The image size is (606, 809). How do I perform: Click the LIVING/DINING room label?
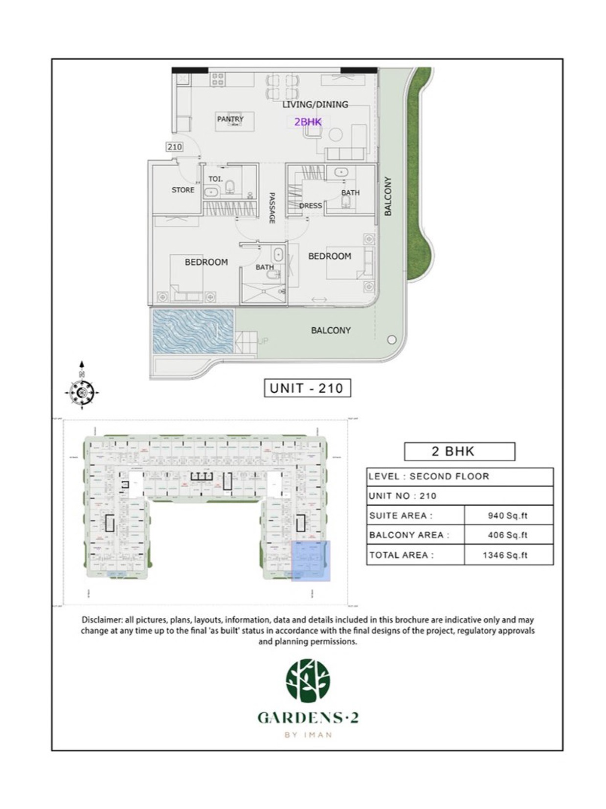[x=315, y=104]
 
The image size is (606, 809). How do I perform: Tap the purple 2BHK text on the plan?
[x=308, y=122]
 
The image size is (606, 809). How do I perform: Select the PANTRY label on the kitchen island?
[x=230, y=119]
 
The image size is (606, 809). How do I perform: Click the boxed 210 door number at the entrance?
[x=175, y=147]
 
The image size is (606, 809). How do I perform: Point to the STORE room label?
[x=182, y=190]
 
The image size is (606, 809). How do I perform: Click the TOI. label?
[x=215, y=179]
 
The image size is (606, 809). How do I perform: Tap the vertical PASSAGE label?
[x=272, y=208]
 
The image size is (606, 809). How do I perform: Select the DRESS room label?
[x=310, y=205]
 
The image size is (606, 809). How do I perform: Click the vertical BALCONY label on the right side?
[x=388, y=196]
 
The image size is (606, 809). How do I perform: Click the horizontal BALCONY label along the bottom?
[x=331, y=331]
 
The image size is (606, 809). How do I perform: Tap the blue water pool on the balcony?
[x=193, y=331]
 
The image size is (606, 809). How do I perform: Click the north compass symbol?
[x=82, y=391]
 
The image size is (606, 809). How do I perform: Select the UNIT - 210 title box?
[x=307, y=388]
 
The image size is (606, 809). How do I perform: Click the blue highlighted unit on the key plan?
[x=311, y=561]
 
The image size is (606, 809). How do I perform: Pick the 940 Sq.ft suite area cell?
[x=508, y=516]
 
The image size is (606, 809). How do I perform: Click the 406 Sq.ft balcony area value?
[x=508, y=535]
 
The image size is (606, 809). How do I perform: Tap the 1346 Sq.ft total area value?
[x=505, y=555]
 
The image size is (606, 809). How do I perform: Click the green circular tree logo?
[x=308, y=680]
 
